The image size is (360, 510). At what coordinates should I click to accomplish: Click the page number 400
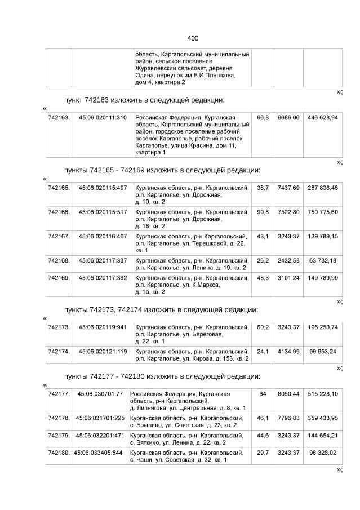point(193,38)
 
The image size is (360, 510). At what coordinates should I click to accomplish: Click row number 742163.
point(59,118)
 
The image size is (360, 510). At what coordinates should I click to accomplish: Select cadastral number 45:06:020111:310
point(103,118)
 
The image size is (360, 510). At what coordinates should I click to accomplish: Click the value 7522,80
point(288,212)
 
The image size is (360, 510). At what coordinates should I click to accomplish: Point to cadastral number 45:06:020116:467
point(103,236)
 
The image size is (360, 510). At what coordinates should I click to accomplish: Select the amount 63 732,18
point(323,260)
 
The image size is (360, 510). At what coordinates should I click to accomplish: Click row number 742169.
point(59,278)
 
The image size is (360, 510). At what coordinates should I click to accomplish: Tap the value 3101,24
point(288,278)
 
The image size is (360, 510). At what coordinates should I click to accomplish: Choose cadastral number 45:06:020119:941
point(103,327)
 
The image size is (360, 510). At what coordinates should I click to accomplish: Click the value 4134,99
point(288,351)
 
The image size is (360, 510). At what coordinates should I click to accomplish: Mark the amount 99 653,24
point(323,351)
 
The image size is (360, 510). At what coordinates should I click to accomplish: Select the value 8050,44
point(288,393)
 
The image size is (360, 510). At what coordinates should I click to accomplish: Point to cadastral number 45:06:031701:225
point(99,418)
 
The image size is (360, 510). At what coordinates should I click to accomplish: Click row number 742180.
point(59,453)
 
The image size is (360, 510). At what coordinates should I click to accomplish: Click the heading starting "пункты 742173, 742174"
point(161,309)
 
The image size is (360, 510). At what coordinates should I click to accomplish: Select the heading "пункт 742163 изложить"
point(144,100)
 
